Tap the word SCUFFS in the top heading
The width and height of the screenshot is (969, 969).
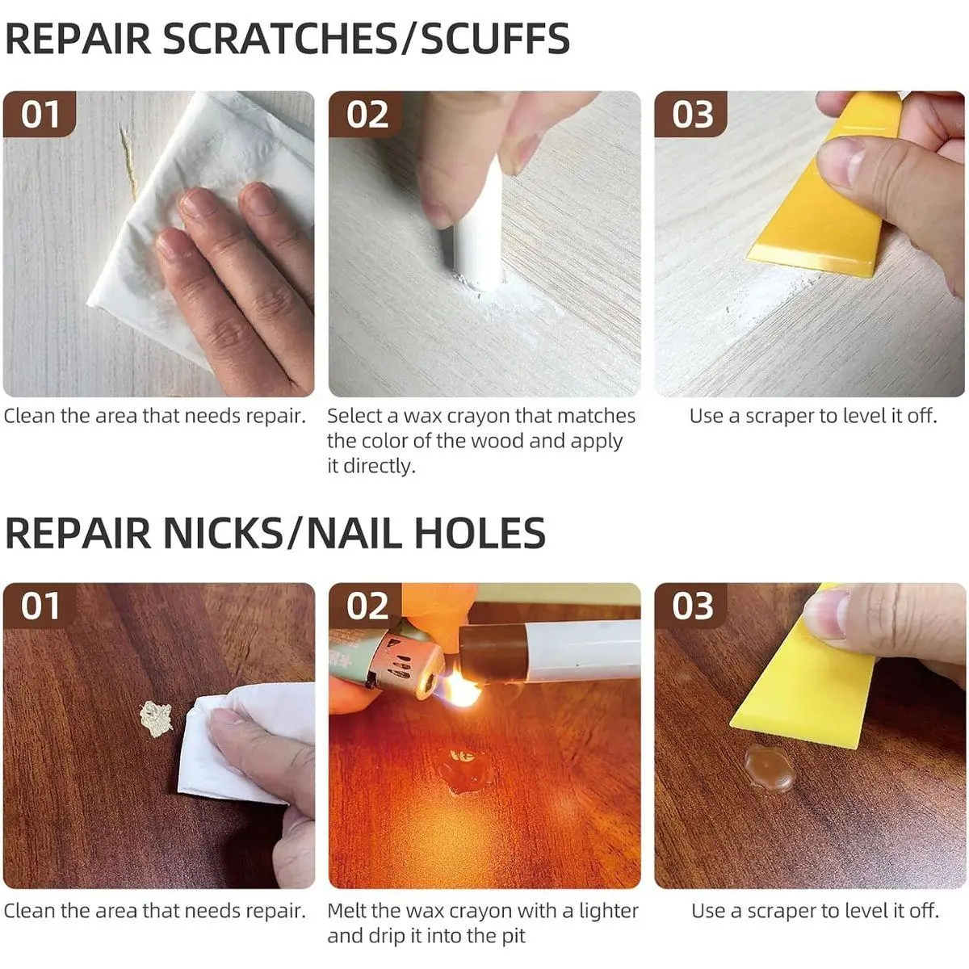coord(494,39)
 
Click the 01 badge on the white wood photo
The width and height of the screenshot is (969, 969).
coord(40,114)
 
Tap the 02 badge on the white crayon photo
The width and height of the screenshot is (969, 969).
coord(366,114)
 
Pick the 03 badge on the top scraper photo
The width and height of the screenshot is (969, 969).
coord(691,114)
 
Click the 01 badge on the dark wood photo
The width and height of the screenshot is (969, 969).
coord(40,606)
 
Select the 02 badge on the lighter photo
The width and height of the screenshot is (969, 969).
coord(366,606)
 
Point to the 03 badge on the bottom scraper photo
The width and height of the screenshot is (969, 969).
coord(691,606)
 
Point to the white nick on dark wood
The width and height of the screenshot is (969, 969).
coord(156,719)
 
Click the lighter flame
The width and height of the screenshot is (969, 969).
coord(460,689)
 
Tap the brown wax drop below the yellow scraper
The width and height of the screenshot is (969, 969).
coord(769,769)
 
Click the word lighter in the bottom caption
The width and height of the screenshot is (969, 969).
coord(609,911)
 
